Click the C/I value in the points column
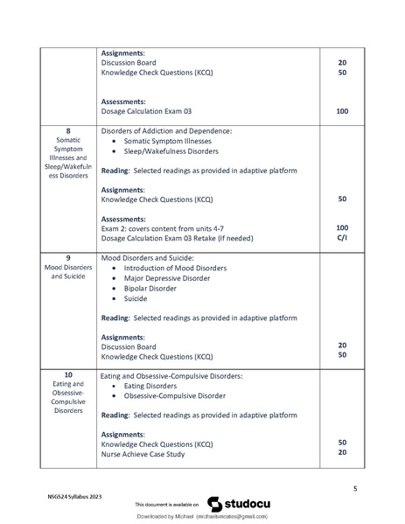(342, 239)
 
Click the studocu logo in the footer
(234, 504)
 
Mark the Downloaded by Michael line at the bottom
(202, 518)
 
